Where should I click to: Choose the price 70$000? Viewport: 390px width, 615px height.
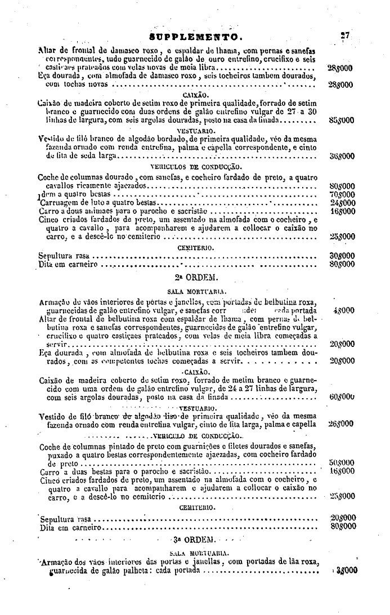coord(340,194)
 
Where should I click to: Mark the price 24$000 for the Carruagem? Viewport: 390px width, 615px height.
coord(340,202)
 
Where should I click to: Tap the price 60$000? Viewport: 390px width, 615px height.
coord(341,396)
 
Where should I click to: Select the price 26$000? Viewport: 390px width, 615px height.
coord(340,424)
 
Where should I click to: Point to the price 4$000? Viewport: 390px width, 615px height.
coord(343,310)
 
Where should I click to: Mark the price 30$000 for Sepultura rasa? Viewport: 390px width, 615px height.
coord(340,255)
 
